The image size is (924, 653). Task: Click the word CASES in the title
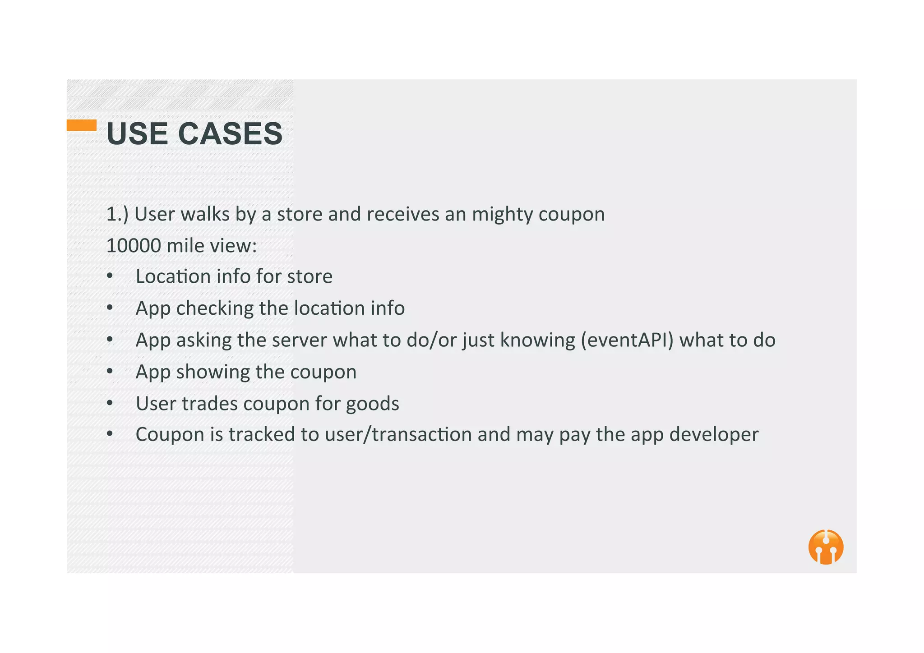point(231,134)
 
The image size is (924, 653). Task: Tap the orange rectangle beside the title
point(82,125)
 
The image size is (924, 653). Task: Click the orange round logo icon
point(826,547)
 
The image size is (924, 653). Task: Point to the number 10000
point(134,246)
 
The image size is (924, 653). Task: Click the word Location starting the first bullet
point(173,276)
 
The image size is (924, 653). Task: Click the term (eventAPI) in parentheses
point(627,340)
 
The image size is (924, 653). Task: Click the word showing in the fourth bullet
point(213,372)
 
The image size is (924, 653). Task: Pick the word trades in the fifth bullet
point(209,404)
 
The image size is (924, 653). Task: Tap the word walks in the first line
point(205,214)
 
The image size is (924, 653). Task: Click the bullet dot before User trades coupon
point(110,403)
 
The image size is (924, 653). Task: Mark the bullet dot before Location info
point(110,276)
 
